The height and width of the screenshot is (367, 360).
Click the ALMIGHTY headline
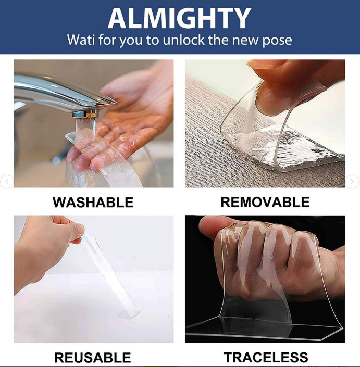pyautogui.click(x=179, y=18)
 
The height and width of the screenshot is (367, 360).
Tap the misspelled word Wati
pyautogui.click(x=81, y=40)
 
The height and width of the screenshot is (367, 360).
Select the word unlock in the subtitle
pyautogui.click(x=183, y=40)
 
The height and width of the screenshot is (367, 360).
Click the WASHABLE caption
pyautogui.click(x=93, y=203)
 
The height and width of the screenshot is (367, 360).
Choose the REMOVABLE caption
pyautogui.click(x=265, y=202)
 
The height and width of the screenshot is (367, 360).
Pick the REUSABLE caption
pyautogui.click(x=93, y=358)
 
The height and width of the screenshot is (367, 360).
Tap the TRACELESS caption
pyautogui.click(x=266, y=358)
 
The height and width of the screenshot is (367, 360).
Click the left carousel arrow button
pyautogui.click(x=7, y=181)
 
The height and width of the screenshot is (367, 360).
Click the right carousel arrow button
pyautogui.click(x=352, y=181)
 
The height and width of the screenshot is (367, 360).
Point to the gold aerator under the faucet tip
pyautogui.click(x=91, y=115)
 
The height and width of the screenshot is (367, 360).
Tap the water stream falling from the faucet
pyautogui.click(x=93, y=129)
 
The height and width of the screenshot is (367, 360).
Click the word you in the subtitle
pyautogui.click(x=131, y=41)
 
